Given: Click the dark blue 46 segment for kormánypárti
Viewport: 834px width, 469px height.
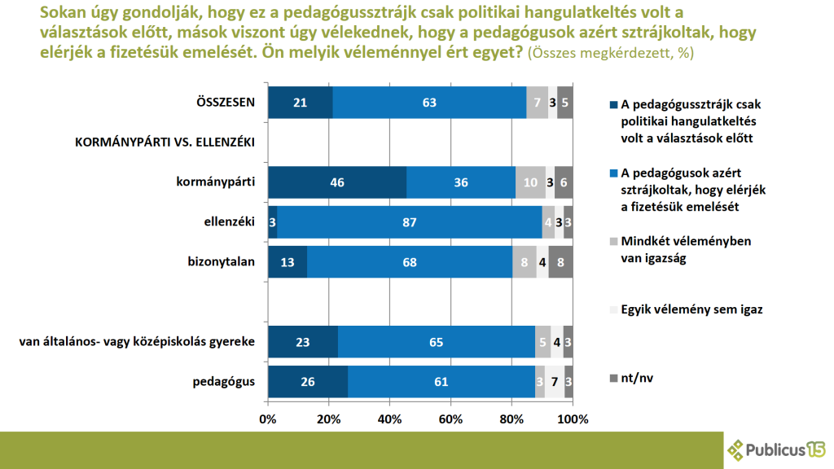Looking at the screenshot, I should [336, 182].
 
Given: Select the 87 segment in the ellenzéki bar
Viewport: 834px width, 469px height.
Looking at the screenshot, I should [410, 222].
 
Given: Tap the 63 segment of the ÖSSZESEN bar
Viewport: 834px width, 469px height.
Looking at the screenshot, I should [429, 103].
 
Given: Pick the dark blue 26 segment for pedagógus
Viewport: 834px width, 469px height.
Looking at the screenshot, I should [307, 382].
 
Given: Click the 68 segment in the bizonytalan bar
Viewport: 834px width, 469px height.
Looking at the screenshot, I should [410, 262].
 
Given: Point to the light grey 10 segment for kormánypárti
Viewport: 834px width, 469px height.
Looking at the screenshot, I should [530, 182].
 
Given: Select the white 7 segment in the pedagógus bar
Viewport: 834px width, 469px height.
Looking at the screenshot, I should [555, 382].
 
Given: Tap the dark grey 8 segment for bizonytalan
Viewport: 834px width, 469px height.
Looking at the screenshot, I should [560, 262].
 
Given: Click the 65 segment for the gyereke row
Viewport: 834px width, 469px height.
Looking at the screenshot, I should [436, 342].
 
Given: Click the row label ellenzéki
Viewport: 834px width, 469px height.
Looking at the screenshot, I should [231, 221].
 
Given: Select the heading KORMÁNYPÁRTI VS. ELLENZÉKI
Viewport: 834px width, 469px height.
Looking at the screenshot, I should [165, 142].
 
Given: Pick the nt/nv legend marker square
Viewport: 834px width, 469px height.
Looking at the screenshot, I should [612, 376].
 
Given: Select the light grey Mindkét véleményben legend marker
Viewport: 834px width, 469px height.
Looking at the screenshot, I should [612, 242].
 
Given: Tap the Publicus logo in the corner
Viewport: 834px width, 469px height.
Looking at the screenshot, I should [776, 448].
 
